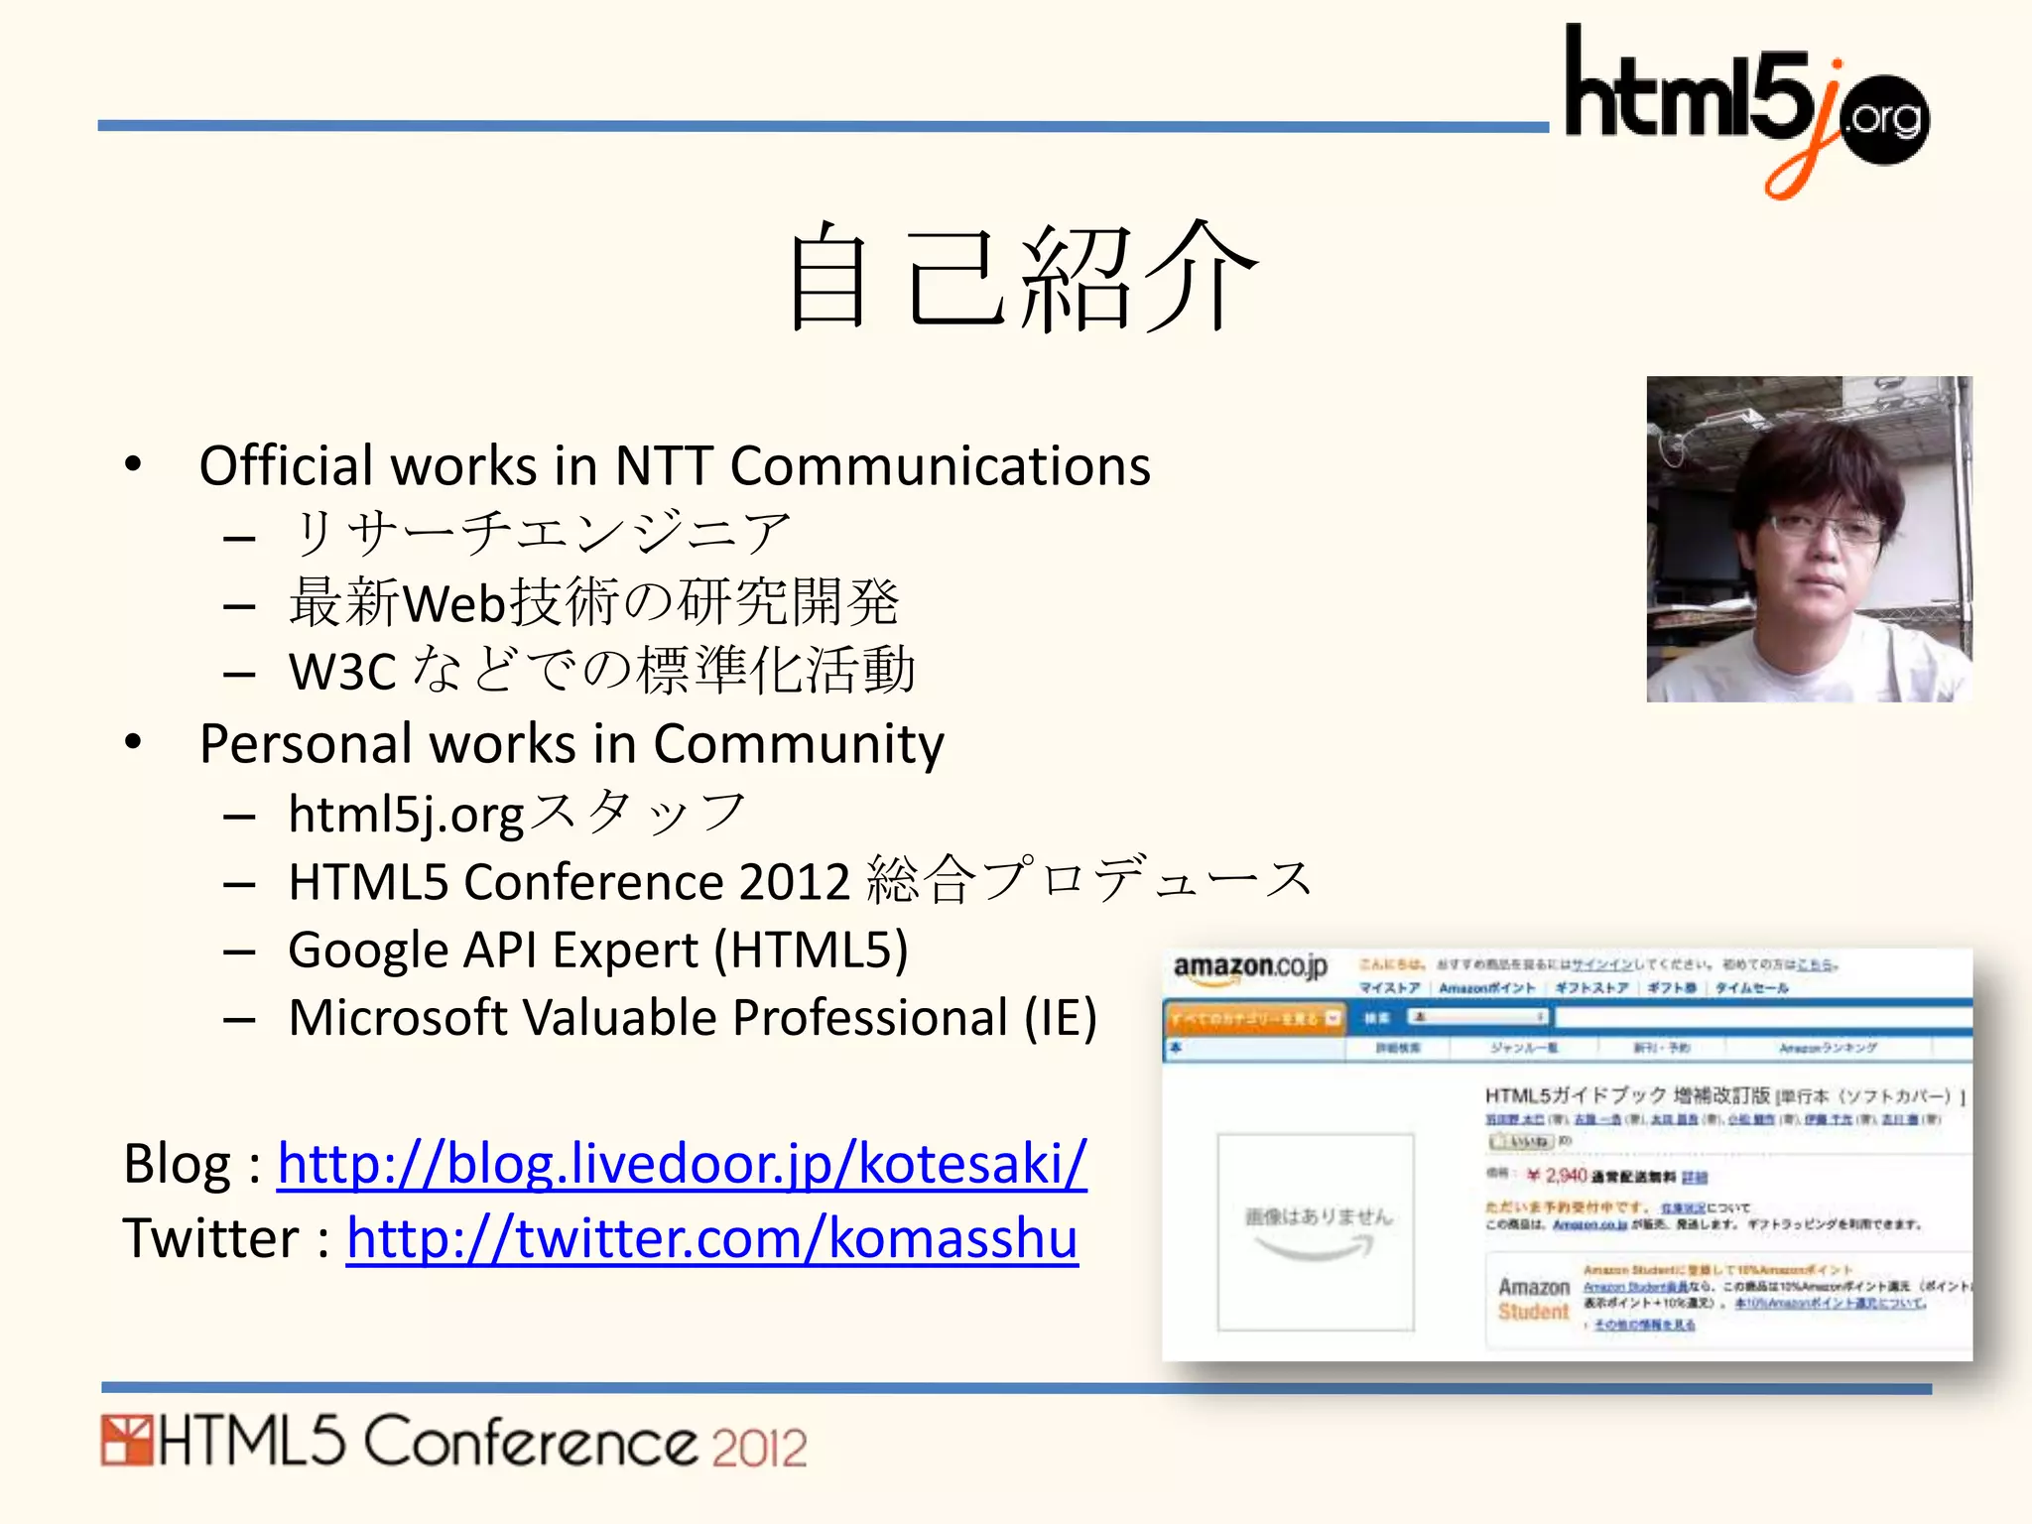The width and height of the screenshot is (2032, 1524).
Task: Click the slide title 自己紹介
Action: click(x=1022, y=278)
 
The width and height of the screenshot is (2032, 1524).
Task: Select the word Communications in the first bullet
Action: click(x=940, y=466)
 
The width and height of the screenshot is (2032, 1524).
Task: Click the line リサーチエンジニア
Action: click(x=541, y=533)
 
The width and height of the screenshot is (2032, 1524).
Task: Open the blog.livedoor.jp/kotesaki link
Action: click(x=682, y=1164)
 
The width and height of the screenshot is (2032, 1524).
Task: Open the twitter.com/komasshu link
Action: click(x=711, y=1239)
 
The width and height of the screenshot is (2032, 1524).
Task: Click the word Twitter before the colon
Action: click(x=210, y=1239)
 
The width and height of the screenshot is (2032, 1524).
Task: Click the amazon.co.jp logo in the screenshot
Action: click(x=1249, y=967)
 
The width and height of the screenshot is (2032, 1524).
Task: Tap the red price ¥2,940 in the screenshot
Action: click(x=1558, y=1176)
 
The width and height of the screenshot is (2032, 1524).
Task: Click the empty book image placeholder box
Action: click(x=1315, y=1231)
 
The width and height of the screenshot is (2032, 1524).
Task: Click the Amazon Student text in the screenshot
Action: click(x=1533, y=1299)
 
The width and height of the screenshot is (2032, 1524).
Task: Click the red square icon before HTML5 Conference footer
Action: click(x=126, y=1442)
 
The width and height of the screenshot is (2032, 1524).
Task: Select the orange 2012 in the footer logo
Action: click(x=759, y=1448)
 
